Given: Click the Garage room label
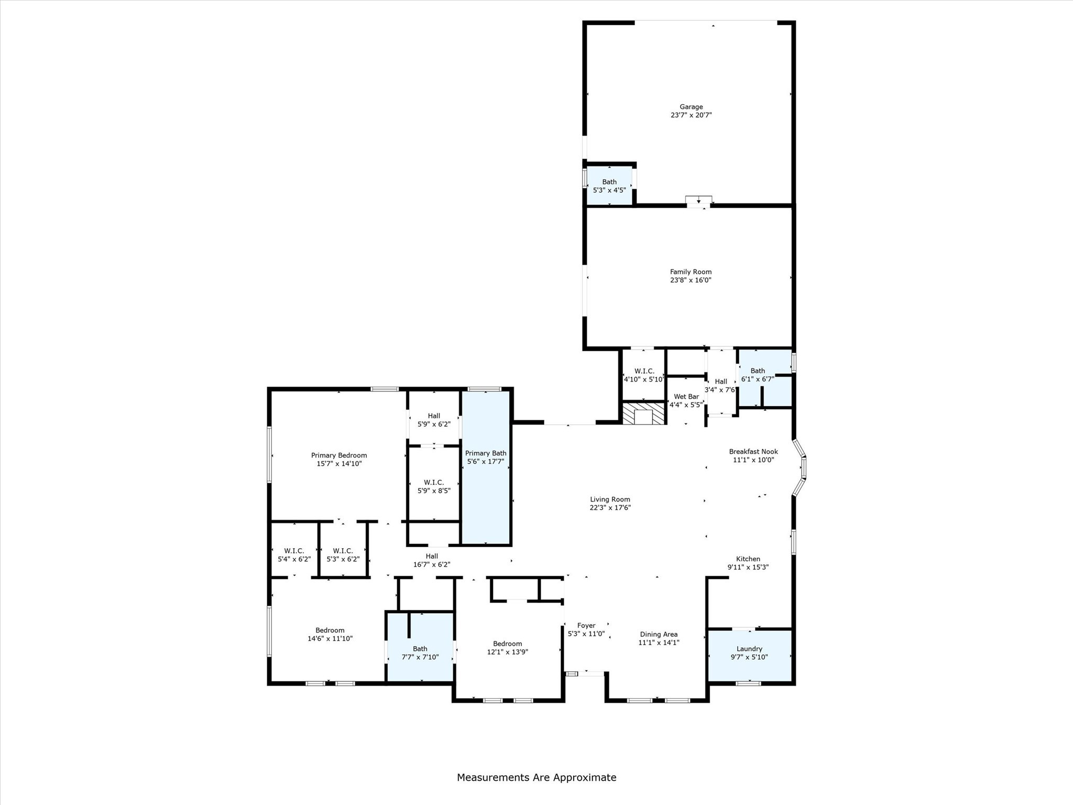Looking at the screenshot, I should pyautogui.click(x=691, y=107).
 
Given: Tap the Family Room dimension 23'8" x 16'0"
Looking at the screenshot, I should pyautogui.click(x=691, y=280).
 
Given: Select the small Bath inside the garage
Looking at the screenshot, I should pyautogui.click(x=609, y=186).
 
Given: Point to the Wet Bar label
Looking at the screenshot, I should pyautogui.click(x=686, y=397).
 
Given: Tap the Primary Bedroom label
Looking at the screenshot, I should pyautogui.click(x=339, y=455).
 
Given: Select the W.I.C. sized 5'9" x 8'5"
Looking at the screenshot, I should pyautogui.click(x=434, y=486).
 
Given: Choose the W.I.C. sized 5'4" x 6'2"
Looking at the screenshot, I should pyautogui.click(x=294, y=554).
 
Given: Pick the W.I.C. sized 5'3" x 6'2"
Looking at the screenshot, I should pyautogui.click(x=343, y=554).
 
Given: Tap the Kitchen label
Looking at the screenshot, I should pyautogui.click(x=748, y=559).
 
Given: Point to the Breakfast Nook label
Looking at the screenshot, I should pyautogui.click(x=753, y=452).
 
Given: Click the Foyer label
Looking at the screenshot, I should pyautogui.click(x=586, y=626).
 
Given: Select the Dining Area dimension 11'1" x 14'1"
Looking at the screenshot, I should pyautogui.click(x=659, y=643).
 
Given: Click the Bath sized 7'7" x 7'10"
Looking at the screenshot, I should pyautogui.click(x=420, y=652).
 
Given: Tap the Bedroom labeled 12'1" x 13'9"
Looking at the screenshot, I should pyautogui.click(x=507, y=648).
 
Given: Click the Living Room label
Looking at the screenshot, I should pyautogui.click(x=610, y=499).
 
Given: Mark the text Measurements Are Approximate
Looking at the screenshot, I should pyautogui.click(x=536, y=778).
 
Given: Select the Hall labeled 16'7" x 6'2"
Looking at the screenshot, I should pyautogui.click(x=432, y=560).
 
